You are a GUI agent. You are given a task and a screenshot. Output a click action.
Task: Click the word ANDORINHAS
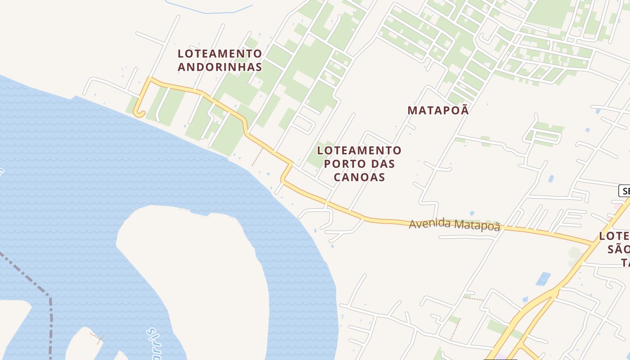point(220,67)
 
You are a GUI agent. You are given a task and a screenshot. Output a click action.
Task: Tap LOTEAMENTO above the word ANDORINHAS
point(220,54)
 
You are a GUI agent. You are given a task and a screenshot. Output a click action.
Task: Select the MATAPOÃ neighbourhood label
point(438,110)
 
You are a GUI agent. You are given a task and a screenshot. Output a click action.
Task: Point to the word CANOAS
point(359,177)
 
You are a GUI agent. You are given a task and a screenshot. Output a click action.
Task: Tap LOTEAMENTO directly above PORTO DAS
point(359,150)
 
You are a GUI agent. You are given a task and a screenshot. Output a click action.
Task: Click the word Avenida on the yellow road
point(429,223)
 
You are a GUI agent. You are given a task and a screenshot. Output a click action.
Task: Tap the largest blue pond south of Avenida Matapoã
point(543,279)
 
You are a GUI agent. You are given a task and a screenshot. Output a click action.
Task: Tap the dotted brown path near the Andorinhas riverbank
point(257,156)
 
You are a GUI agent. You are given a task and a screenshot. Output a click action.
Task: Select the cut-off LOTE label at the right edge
point(615,236)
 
